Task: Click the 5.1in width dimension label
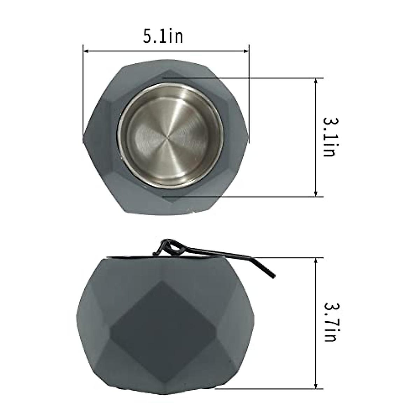(x=163, y=36)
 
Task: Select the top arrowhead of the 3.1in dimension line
(x=316, y=81)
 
